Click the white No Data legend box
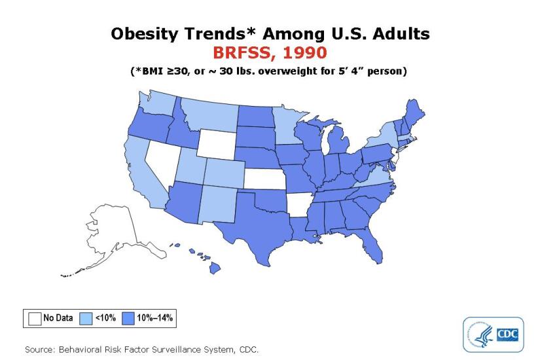click(x=35, y=319)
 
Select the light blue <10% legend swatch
click(x=86, y=319)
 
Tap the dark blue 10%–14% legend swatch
click(x=129, y=319)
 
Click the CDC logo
click(x=493, y=334)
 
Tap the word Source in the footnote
click(x=40, y=349)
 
